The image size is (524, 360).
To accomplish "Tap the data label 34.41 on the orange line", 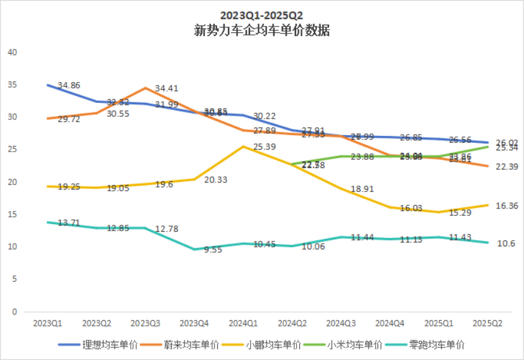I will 167,88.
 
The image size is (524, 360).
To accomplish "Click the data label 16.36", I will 491,206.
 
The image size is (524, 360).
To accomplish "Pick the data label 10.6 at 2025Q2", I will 489,243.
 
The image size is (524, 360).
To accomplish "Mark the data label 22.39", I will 491,166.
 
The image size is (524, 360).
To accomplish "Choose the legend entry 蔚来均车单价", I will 182,345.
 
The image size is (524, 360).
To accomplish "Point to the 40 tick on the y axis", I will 11,52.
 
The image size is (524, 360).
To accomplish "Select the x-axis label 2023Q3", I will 145,323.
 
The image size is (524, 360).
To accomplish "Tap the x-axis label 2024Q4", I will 390,323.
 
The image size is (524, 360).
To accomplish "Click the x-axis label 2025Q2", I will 487,323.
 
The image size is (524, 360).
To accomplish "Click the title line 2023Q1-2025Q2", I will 262,15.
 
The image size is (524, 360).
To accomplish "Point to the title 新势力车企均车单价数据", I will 262,30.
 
